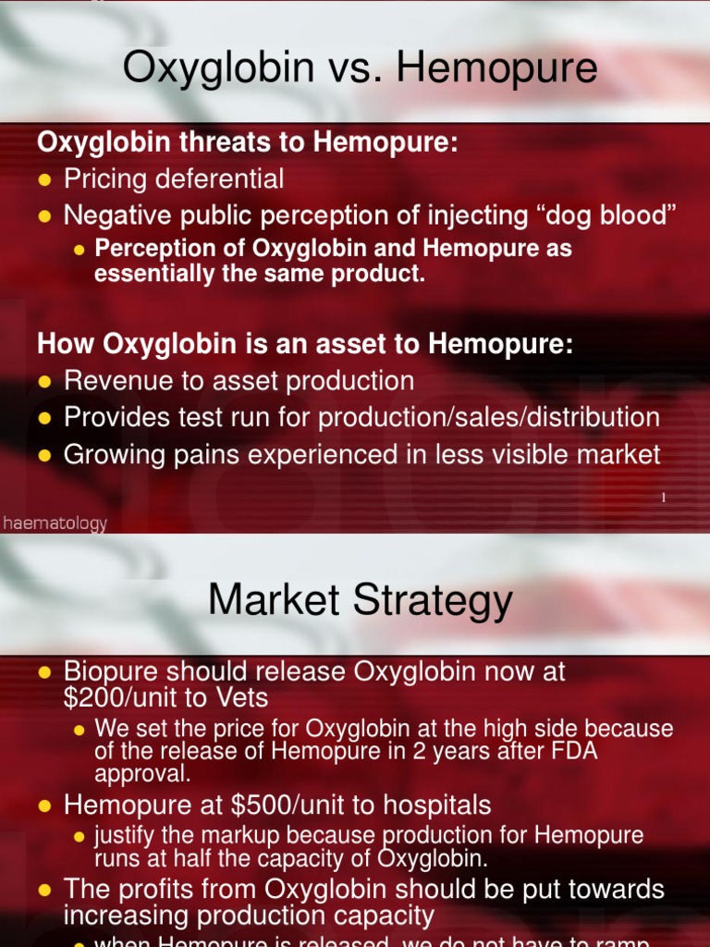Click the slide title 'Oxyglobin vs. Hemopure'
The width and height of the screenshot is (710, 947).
tap(360, 69)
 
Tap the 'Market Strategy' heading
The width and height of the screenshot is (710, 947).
tap(360, 601)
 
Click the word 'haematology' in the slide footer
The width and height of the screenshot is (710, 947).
tap(55, 523)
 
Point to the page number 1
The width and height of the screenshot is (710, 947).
tap(663, 498)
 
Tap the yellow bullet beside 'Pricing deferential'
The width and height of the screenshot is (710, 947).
tap(44, 179)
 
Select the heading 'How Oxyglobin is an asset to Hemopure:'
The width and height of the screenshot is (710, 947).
tap(305, 344)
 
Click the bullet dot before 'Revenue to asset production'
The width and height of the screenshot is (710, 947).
tap(44, 382)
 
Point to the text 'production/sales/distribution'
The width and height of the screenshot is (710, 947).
tap(489, 417)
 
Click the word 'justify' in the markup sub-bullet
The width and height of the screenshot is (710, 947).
tap(122, 836)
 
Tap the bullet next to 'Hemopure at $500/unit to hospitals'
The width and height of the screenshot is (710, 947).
tap(44, 806)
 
